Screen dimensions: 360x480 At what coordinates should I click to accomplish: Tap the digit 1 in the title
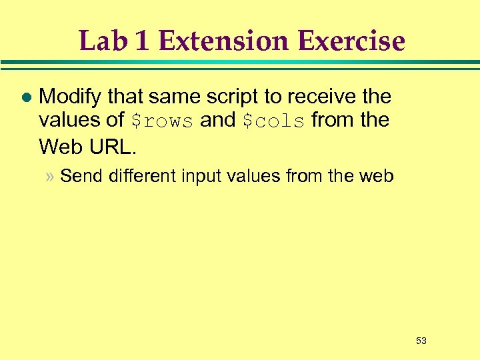(141, 41)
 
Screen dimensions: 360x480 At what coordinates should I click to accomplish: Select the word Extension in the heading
(224, 41)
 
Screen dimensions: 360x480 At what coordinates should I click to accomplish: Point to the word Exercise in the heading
(351, 41)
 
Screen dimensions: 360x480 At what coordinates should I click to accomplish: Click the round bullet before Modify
(26, 97)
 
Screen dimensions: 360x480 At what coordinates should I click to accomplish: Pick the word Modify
(71, 97)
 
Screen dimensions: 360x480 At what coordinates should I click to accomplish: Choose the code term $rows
(162, 121)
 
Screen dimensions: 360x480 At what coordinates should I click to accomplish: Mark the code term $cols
(273, 121)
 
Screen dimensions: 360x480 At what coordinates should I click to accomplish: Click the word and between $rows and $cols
(218, 121)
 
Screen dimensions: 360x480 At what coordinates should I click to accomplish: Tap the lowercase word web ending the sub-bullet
(377, 177)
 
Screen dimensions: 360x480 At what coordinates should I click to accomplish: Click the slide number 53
(421, 341)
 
